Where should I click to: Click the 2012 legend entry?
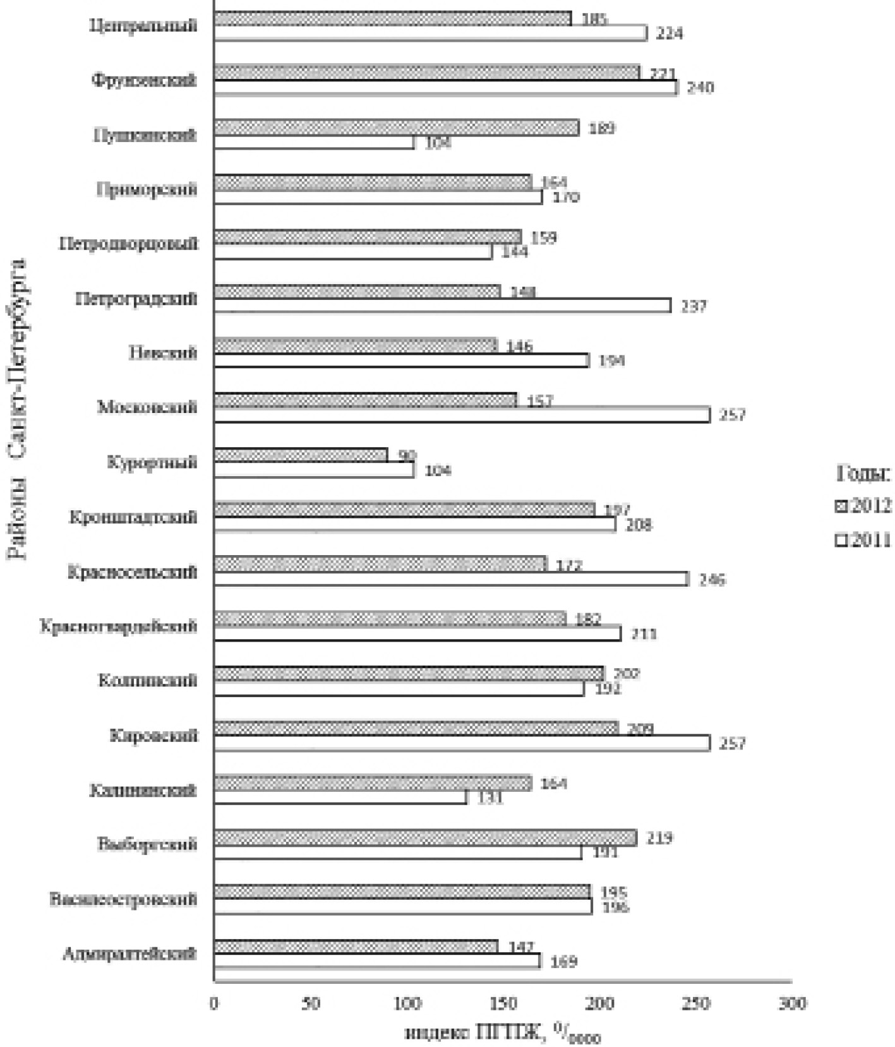[x=863, y=505]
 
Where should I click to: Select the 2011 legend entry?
[x=863, y=540]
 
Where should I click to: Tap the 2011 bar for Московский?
[x=462, y=415]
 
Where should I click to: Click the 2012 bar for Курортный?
[x=301, y=455]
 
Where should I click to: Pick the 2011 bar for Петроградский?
[x=442, y=306]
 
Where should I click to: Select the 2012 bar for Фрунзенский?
[x=427, y=73]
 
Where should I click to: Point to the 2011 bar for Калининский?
[x=340, y=797]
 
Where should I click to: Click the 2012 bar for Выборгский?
[x=425, y=837]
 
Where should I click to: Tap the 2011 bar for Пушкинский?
[x=314, y=143]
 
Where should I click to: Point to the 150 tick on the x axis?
[x=504, y=1003]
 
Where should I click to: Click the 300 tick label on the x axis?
[x=793, y=1003]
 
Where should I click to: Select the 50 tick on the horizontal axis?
[x=311, y=1003]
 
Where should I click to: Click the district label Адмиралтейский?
[x=129, y=954]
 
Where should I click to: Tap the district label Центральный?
[x=143, y=26]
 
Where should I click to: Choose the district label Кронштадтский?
[x=133, y=517]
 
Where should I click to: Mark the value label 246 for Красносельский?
[x=712, y=579]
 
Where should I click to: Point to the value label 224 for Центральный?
[x=669, y=33]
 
